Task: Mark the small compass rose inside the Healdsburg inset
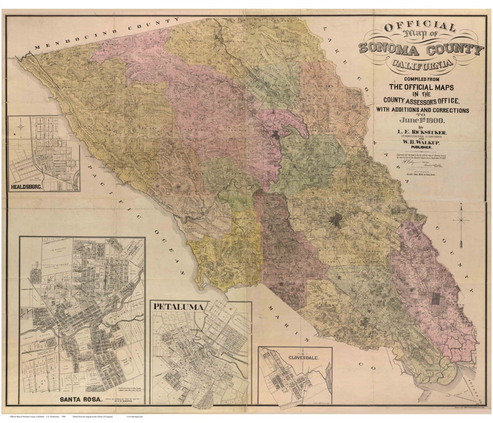20,127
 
